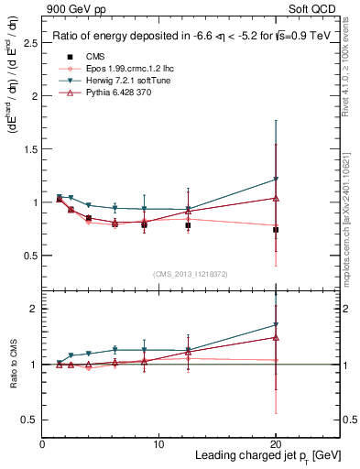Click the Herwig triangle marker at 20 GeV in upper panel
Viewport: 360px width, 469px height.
click(x=276, y=180)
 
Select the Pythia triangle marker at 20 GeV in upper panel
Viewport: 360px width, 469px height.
click(x=276, y=198)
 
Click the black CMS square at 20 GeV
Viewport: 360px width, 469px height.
click(x=276, y=230)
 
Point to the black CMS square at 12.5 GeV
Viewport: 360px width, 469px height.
click(x=188, y=224)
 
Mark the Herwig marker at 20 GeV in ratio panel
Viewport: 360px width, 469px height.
click(x=276, y=325)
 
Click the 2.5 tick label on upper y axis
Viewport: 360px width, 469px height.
click(x=27, y=42)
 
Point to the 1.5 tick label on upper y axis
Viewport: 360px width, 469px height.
click(x=27, y=148)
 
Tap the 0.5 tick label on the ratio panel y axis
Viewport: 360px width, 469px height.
click(x=27, y=420)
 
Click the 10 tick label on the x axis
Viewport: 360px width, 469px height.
click(x=158, y=444)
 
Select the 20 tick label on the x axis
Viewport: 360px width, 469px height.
click(x=276, y=444)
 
